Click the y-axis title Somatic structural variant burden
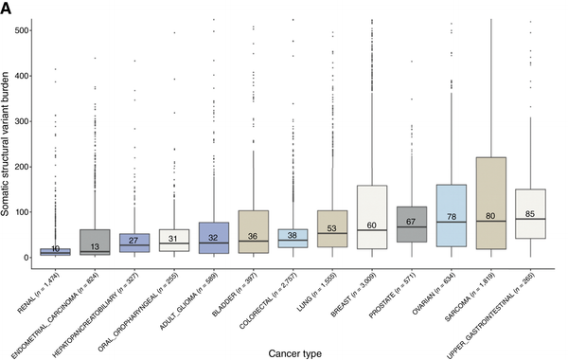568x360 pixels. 9,135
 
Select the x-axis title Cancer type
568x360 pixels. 293,351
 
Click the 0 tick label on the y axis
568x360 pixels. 25,258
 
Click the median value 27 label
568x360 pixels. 133,241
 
